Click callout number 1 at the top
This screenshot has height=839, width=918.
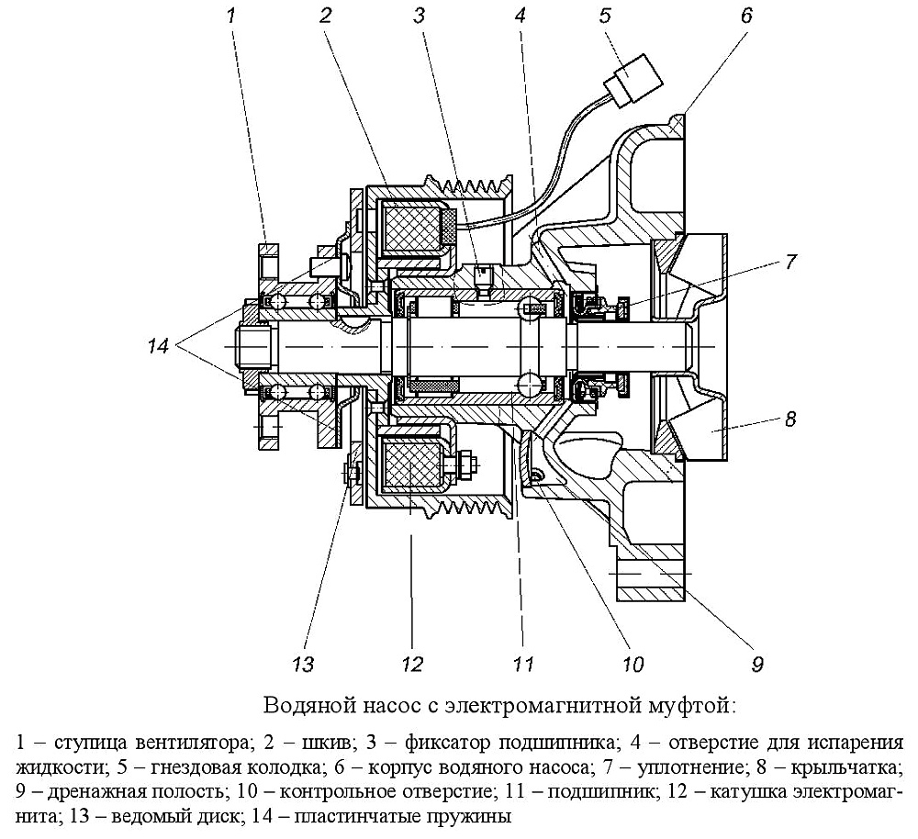pos(231,15)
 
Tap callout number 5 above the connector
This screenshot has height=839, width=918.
pos(605,16)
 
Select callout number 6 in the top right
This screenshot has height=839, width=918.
pos(745,16)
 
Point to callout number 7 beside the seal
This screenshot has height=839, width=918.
pos(791,262)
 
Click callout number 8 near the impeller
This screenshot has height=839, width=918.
pos(790,419)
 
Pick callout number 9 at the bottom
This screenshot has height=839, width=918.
pos(757,664)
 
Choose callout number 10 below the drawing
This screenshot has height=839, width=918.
pos(633,664)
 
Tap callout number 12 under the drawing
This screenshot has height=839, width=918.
pos(412,664)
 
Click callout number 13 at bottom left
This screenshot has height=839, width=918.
pos(303,664)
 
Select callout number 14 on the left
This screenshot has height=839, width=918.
pos(158,346)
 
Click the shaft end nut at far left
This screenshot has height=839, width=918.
pos(253,347)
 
